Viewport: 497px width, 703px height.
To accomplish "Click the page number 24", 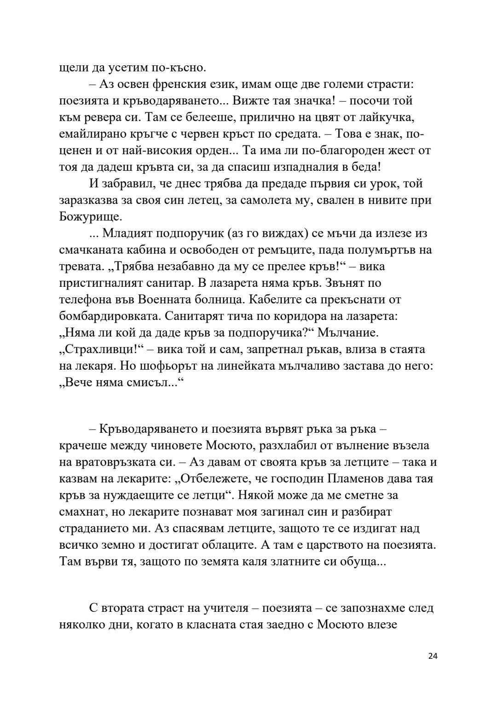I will click(x=433, y=669).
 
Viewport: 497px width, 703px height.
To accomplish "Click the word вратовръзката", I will click(x=124, y=462).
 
